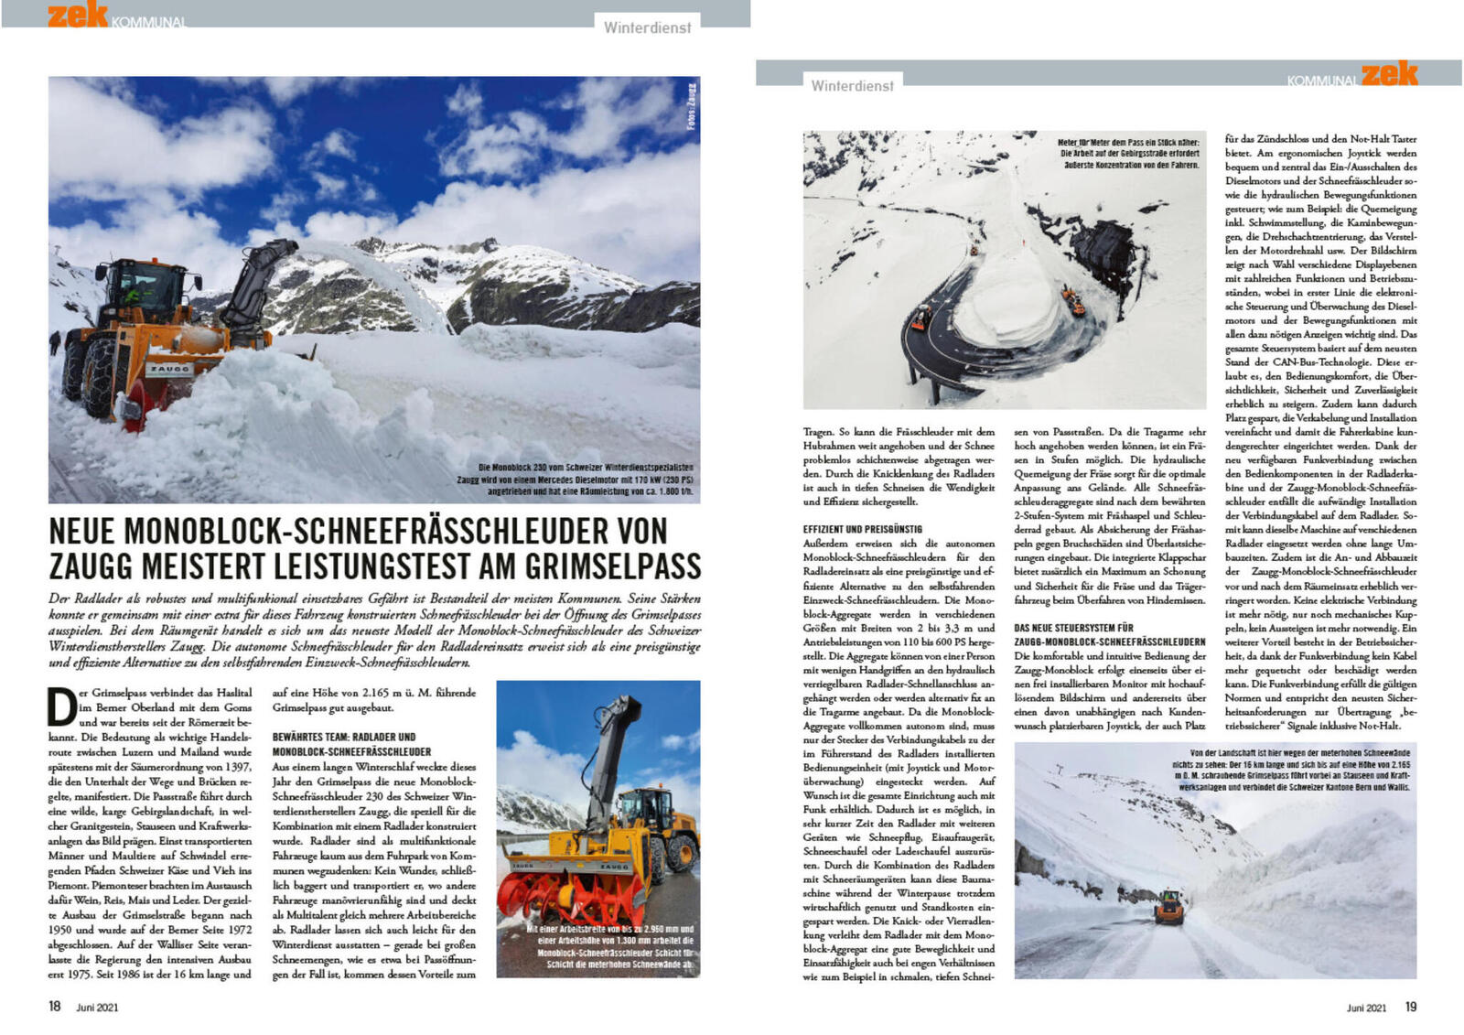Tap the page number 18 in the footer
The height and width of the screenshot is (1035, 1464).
[x=55, y=1007]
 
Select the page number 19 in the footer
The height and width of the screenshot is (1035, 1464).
[x=1410, y=1007]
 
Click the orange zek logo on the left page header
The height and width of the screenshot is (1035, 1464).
[x=78, y=15]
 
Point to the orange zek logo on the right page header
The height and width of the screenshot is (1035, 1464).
[x=1389, y=74]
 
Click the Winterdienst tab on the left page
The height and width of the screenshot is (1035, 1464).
[x=647, y=27]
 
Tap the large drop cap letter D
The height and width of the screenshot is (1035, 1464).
[x=61, y=706]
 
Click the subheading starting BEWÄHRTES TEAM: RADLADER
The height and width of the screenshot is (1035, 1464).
[x=344, y=737]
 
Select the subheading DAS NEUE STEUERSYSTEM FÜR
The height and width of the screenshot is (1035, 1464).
[x=1073, y=628]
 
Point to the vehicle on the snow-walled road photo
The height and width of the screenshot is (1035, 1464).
[x=1168, y=907]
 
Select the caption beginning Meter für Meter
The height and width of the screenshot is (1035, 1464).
[x=1128, y=154]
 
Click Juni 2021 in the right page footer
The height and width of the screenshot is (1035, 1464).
[x=1365, y=1008]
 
